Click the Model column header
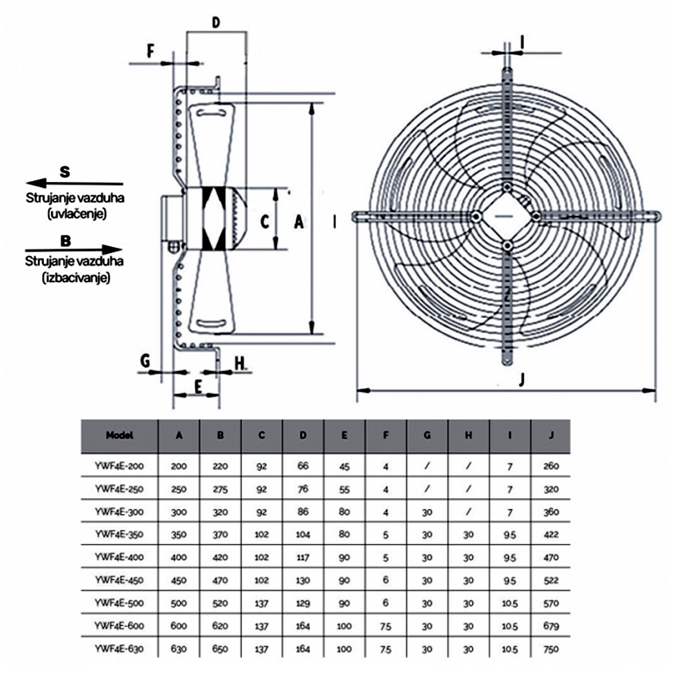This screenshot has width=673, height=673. coord(119,435)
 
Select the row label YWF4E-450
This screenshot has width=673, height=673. coord(119,580)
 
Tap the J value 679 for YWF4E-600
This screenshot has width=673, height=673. coord(551,626)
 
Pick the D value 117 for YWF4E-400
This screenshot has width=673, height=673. coord(303,557)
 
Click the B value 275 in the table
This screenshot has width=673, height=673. coord(220,489)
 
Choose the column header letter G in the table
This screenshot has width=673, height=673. coord(427,435)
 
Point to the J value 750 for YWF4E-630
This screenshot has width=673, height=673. coord(551,649)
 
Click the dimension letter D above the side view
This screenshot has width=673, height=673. coord(216,23)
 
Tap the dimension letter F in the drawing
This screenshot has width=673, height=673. coord(150,51)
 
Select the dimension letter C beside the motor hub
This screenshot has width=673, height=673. coord(265,221)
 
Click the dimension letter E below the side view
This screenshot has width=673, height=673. coord(198,387)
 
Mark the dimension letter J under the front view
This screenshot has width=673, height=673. coord(522,379)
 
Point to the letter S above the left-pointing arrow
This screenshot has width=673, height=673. coord(65,172)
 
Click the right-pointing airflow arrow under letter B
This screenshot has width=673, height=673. coord(74,249)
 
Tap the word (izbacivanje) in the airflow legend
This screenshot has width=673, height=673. coord(76,278)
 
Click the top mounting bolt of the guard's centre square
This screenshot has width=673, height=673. coord(507,188)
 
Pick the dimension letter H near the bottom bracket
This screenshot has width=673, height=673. coord(240,363)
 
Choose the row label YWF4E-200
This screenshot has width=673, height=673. coord(119,466)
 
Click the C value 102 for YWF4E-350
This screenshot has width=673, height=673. coord(261,534)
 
